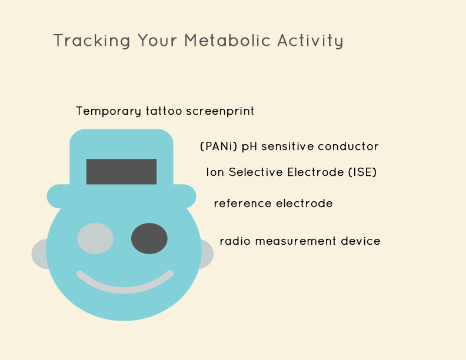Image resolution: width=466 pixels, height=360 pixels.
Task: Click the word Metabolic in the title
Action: pyautogui.click(x=227, y=41)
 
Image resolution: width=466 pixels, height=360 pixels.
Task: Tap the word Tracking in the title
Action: pyautogui.click(x=92, y=41)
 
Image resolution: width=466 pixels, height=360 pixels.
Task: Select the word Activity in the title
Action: pyautogui.click(x=311, y=41)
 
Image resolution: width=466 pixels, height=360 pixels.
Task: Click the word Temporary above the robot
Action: pyautogui.click(x=108, y=111)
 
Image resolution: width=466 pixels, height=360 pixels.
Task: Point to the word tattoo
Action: pyautogui.click(x=164, y=111)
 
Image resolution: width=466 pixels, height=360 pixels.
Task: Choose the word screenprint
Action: pyautogui.click(x=220, y=111)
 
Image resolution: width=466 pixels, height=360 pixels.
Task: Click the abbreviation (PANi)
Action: pyautogui.click(x=218, y=146)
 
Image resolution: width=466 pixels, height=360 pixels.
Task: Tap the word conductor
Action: pyautogui.click(x=348, y=146)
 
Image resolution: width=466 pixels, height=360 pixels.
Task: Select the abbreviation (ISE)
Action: pyautogui.click(x=362, y=172)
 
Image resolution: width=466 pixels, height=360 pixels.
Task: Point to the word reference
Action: pyautogui.click(x=242, y=204)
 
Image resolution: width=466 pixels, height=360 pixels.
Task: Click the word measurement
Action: pyautogui.click(x=296, y=241)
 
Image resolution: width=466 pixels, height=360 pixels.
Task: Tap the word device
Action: pyautogui.click(x=361, y=241)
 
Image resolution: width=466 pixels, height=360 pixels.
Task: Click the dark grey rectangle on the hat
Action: pyautogui.click(x=121, y=172)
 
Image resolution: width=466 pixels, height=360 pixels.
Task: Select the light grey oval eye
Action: pyautogui.click(x=95, y=238)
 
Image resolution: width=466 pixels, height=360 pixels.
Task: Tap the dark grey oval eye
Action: pyautogui.click(x=149, y=238)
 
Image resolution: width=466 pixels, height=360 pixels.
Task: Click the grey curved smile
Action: pyautogui.click(x=125, y=289)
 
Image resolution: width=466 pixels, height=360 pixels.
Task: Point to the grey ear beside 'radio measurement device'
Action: pyautogui.click(x=208, y=254)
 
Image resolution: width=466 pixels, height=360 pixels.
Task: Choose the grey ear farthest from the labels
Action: pyautogui.click(x=39, y=254)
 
